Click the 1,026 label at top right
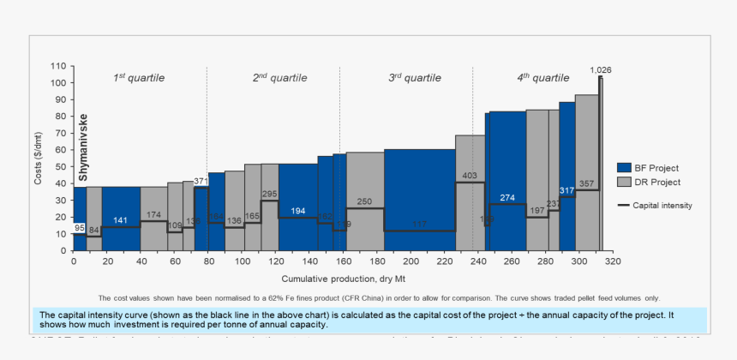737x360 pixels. point(600,69)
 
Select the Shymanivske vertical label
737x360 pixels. point(83,146)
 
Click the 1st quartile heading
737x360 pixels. point(139,78)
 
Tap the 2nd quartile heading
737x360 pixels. point(278,78)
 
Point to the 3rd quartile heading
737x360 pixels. point(415,78)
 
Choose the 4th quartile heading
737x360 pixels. point(542,78)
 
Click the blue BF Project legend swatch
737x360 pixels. point(624,167)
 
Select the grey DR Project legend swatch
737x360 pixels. point(624,183)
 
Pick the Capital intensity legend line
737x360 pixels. point(624,206)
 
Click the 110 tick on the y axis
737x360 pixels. point(58,66)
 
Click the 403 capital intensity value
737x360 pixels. point(470,176)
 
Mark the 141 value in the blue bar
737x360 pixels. point(121,220)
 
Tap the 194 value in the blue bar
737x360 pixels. point(297,211)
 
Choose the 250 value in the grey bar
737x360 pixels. point(365,201)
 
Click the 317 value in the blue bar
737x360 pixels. point(566,190)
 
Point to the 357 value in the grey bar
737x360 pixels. point(586,183)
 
